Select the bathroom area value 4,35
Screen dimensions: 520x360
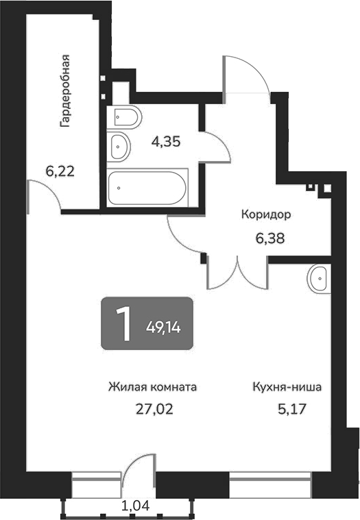(x=165, y=142)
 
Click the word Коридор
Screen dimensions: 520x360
(x=266, y=214)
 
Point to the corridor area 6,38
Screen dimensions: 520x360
(x=266, y=239)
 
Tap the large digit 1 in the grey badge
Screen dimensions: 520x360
(x=124, y=323)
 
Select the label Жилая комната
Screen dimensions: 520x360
(x=152, y=387)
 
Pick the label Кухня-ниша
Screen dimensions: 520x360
(x=287, y=387)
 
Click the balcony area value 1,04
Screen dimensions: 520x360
(x=136, y=507)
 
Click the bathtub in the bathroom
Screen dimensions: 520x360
(x=147, y=186)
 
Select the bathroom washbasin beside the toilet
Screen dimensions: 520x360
(x=119, y=145)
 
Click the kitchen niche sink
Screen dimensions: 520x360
(x=320, y=279)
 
